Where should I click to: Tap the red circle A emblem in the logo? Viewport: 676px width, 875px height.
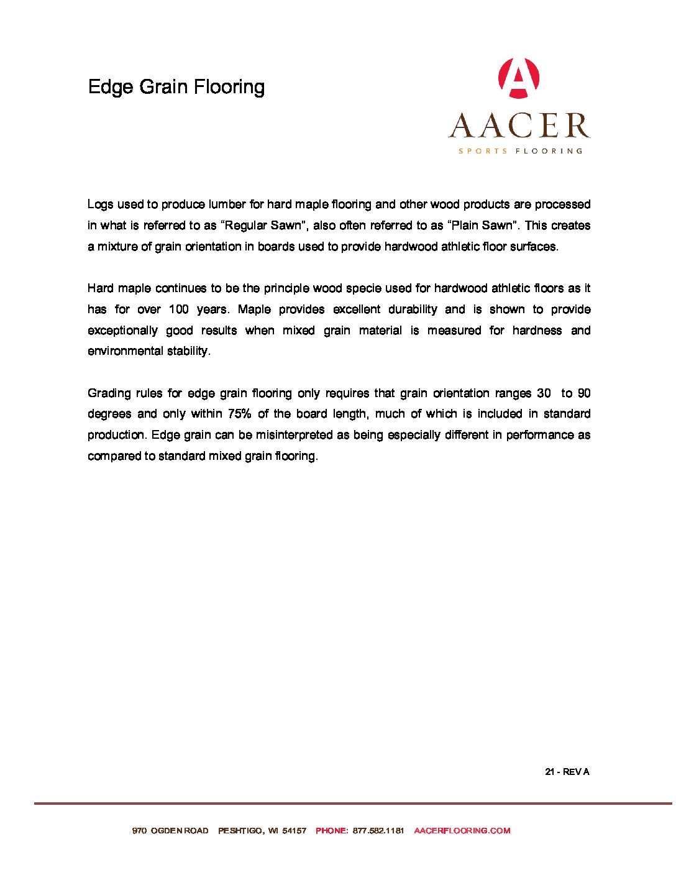[x=519, y=78]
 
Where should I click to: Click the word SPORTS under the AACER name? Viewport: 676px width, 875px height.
[x=483, y=151]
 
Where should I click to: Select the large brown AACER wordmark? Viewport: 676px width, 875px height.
[x=519, y=126]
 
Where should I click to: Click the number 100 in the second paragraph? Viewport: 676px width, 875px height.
[x=178, y=309]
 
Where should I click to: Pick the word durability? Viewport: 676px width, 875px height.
[x=413, y=309]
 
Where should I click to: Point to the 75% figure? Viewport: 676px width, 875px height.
[x=239, y=414]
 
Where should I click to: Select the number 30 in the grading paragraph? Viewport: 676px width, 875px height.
[x=544, y=393]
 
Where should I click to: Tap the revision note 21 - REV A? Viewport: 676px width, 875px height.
[x=567, y=772]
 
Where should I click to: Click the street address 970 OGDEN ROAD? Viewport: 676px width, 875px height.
[x=170, y=831]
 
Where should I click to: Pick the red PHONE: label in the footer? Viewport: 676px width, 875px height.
[x=332, y=831]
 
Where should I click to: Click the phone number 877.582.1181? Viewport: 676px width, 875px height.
[x=378, y=831]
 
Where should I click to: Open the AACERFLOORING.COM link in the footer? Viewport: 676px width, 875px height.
[x=462, y=831]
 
